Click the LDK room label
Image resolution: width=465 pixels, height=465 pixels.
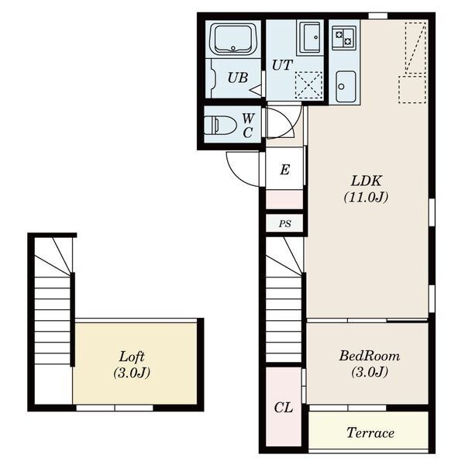point(367,181)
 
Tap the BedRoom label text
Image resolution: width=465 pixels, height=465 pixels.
point(369,356)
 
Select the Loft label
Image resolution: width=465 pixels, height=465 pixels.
point(132,356)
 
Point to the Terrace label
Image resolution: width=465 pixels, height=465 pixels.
point(370,432)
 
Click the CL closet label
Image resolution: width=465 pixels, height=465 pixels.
point(283,408)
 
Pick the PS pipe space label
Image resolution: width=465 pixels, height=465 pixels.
point(284,224)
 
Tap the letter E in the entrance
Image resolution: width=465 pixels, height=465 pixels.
point(284,170)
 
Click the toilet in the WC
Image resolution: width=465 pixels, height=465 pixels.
point(220,125)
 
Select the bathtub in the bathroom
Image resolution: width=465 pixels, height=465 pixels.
point(233,40)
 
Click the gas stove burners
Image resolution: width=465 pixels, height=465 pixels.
point(343,38)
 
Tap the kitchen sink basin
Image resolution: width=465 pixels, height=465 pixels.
point(346,86)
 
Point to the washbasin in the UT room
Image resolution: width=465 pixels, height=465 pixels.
point(310,37)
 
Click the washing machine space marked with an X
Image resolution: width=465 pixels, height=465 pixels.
point(308,85)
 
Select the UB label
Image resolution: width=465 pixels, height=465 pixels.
point(238,77)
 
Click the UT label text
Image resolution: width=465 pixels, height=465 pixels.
point(282,65)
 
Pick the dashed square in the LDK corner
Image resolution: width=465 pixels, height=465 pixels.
point(412,90)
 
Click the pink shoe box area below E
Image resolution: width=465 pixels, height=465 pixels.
point(284,200)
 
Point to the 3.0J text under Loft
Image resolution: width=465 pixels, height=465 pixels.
point(132,373)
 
